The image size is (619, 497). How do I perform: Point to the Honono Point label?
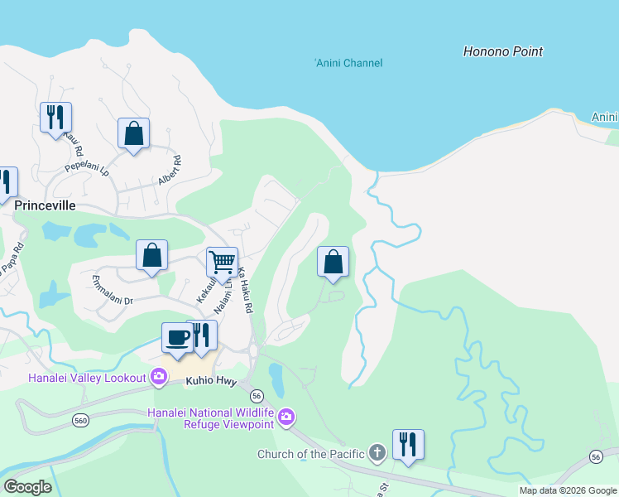[502, 51]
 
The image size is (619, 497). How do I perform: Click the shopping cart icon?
[222, 262]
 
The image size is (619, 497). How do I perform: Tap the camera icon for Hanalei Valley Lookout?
[158, 378]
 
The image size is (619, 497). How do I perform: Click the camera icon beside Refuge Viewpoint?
[286, 417]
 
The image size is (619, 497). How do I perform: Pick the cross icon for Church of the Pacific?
[377, 452]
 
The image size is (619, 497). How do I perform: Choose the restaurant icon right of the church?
[408, 444]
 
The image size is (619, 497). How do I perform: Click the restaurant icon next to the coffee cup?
[202, 335]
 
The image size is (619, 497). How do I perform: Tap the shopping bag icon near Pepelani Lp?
[133, 133]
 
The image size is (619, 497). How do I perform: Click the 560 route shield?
[80, 420]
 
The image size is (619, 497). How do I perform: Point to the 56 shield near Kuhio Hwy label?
[257, 395]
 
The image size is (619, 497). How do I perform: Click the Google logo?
[27, 488]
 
